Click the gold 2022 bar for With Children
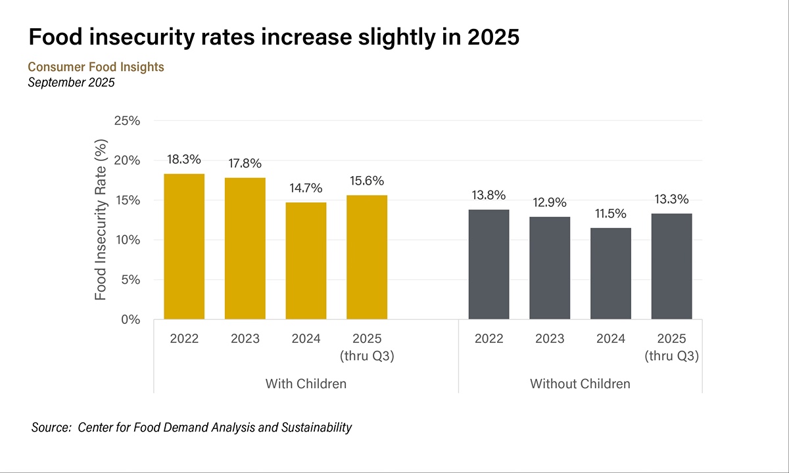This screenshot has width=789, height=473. click(184, 246)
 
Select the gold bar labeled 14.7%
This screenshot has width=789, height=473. click(306, 261)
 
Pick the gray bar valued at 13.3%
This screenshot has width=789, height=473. click(671, 266)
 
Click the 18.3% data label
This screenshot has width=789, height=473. click(184, 160)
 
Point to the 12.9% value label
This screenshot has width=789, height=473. click(550, 202)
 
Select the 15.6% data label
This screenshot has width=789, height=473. click(367, 181)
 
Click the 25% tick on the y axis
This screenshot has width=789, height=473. click(127, 121)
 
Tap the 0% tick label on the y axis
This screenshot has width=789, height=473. click(130, 320)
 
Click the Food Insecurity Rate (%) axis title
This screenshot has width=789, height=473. click(101, 220)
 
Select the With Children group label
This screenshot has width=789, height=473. click(306, 384)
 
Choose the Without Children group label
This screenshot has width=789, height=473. click(580, 384)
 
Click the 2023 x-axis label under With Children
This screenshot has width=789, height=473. click(245, 339)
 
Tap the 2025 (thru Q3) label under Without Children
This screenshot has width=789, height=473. click(671, 348)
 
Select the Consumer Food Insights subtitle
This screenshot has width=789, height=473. click(96, 67)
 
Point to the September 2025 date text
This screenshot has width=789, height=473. click(72, 83)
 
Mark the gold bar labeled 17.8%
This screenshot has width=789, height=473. click(245, 248)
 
